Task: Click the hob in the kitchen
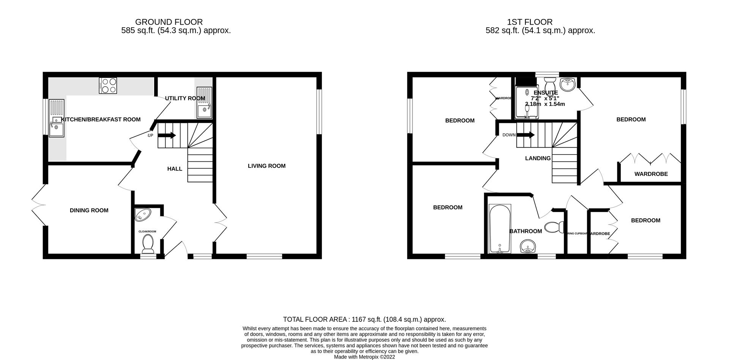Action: (x=108, y=85)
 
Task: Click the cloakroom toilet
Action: (x=147, y=243)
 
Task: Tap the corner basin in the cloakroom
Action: (x=142, y=215)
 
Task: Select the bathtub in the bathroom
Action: (x=500, y=229)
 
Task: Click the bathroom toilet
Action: (x=554, y=228)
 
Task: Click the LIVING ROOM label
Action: (x=267, y=166)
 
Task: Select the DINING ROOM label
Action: (x=89, y=210)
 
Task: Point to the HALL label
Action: (x=175, y=169)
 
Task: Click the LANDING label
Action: (x=538, y=158)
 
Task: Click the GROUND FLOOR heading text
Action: (x=169, y=22)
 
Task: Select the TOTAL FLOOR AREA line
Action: (x=364, y=320)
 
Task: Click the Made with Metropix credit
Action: (x=364, y=357)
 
